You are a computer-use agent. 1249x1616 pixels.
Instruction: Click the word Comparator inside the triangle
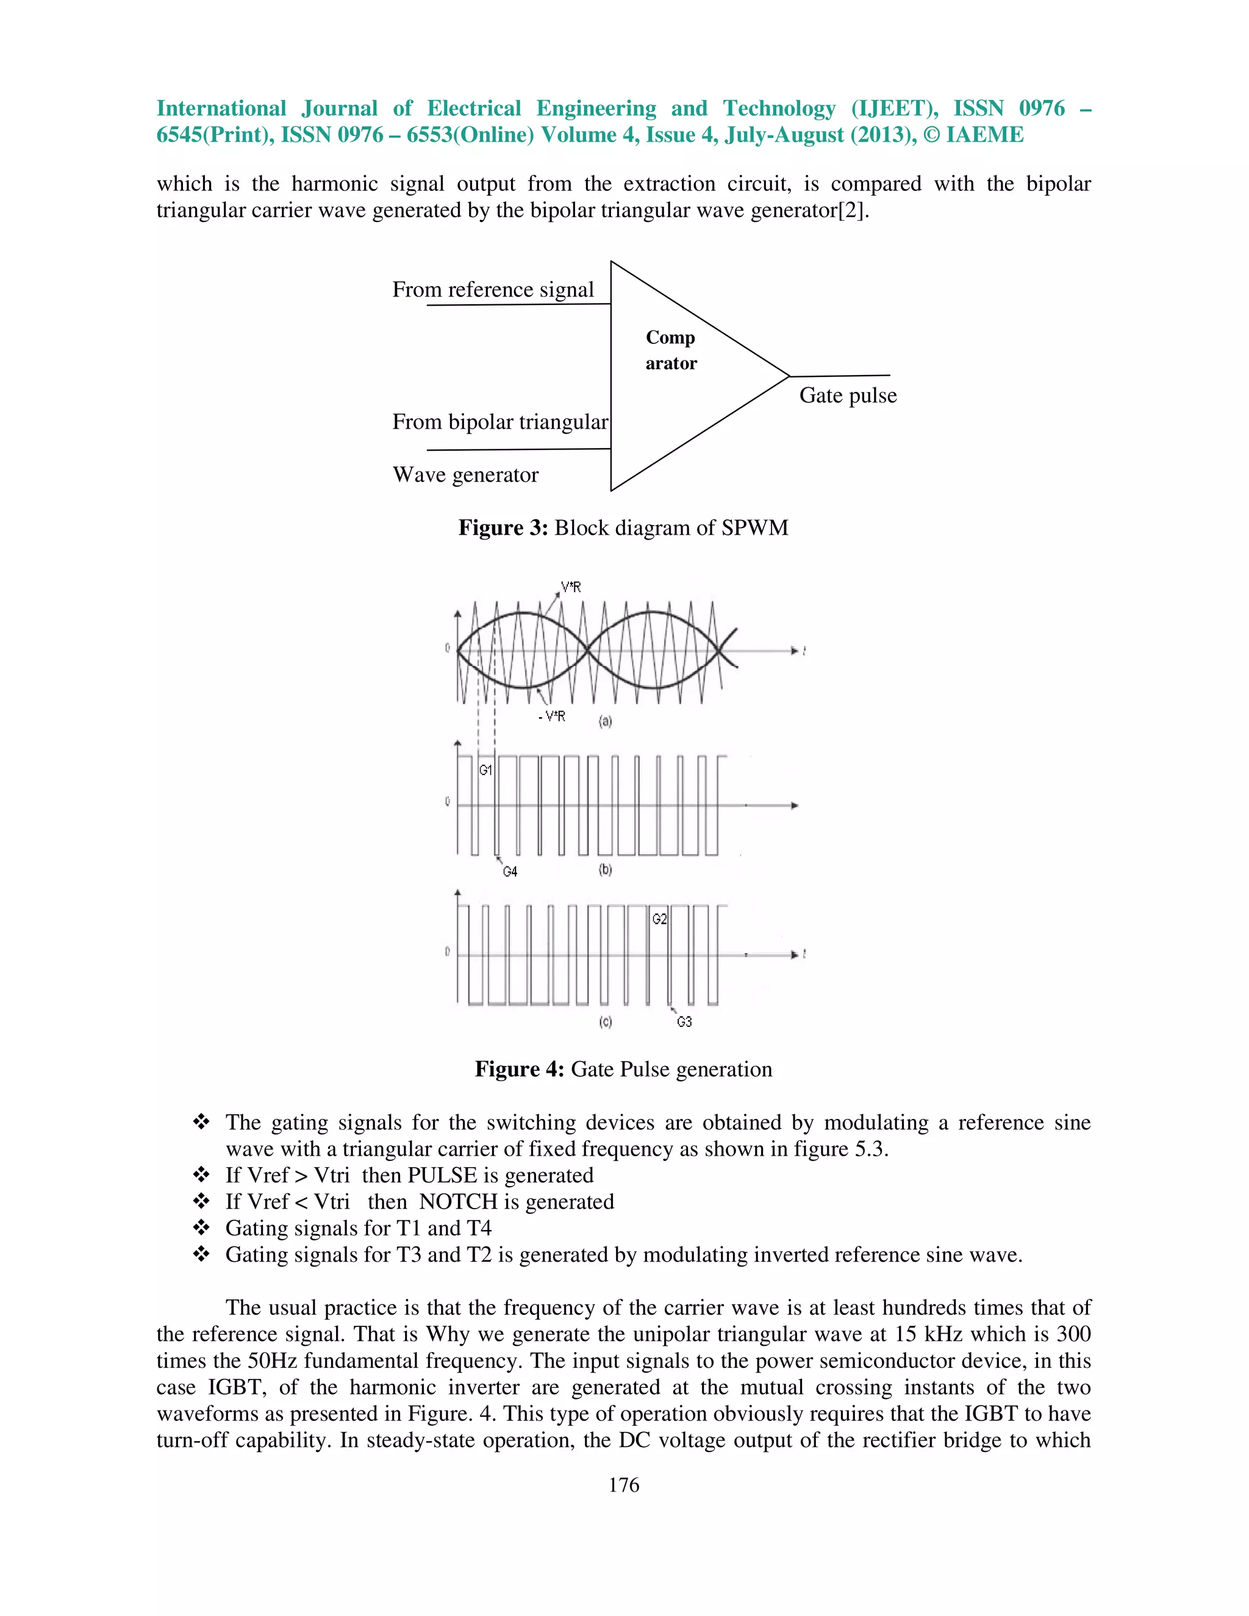[x=671, y=350]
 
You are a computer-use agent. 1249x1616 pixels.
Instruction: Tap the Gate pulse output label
[x=847, y=395]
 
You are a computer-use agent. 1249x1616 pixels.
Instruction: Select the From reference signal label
[x=493, y=289]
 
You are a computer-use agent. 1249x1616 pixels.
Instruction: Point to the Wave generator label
[x=465, y=474]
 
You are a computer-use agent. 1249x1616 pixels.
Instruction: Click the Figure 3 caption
[x=623, y=527]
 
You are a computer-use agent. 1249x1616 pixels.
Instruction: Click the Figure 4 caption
[x=623, y=1069]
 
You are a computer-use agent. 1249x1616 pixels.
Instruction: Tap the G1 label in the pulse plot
[x=485, y=770]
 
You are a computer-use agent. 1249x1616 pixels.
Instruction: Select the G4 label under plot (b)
[x=510, y=871]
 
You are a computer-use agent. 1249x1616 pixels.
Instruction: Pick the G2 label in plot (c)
[x=659, y=919]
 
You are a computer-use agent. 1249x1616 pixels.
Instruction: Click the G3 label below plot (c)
[x=684, y=1022]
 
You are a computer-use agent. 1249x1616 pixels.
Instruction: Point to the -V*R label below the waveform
[x=552, y=717]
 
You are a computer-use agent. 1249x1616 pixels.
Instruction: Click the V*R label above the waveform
[x=570, y=587]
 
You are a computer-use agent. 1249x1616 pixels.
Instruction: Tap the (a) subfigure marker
[x=605, y=721]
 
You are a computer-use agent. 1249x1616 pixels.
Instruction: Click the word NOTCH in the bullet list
[x=452, y=1202]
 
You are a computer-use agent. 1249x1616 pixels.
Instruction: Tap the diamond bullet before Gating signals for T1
[x=201, y=1228]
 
